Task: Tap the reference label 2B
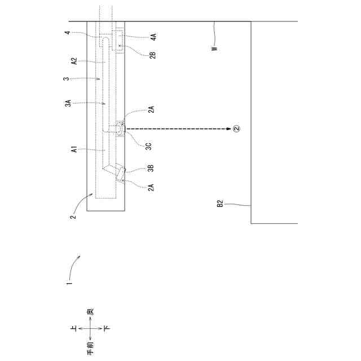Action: [153, 55]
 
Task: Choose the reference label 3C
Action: [148, 146]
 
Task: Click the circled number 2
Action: [236, 129]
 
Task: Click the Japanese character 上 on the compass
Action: [73, 327]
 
